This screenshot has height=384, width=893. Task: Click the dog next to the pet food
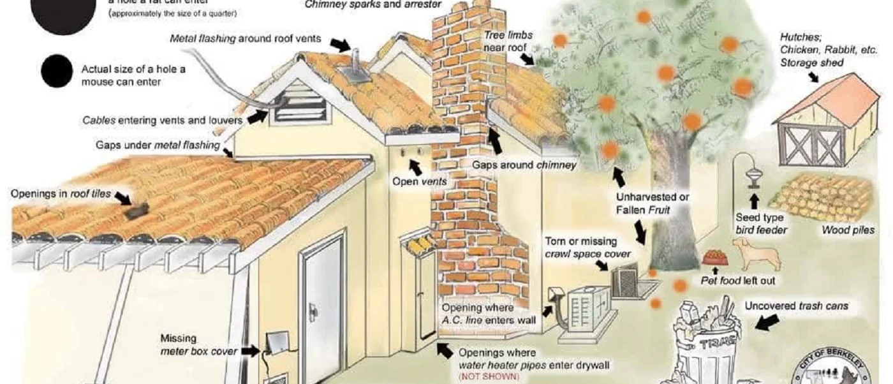click(x=756, y=254)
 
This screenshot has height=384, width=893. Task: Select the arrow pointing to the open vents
click(x=415, y=167)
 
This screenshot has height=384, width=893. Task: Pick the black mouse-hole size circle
click(x=57, y=71)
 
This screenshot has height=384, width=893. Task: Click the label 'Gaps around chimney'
click(x=524, y=165)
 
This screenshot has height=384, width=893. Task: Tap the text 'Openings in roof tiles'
click(x=61, y=193)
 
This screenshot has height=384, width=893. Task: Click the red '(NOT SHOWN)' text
click(x=489, y=377)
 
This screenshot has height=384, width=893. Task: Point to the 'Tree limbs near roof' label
click(x=508, y=41)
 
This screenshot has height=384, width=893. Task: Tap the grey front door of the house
click(x=323, y=310)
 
